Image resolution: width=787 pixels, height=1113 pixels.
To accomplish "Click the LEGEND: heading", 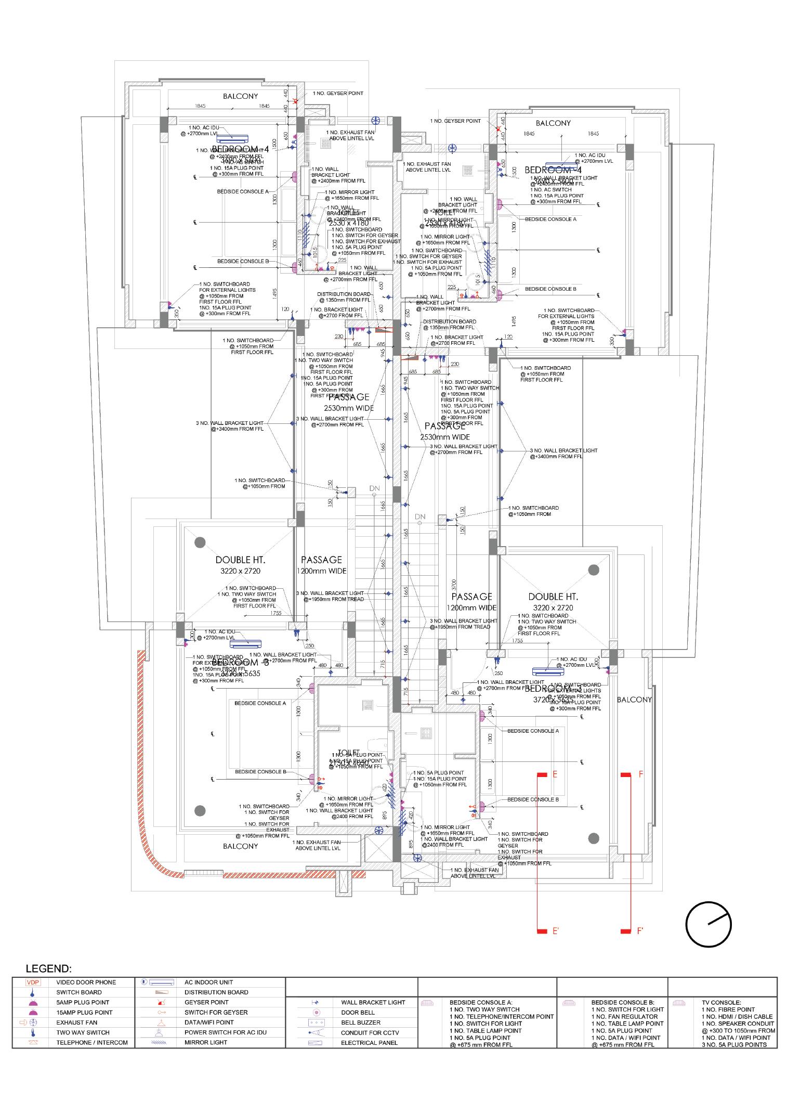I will point(49,969).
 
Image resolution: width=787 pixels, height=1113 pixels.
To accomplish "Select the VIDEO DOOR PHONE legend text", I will point(86,982).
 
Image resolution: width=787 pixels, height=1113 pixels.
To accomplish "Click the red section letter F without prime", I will point(641,774).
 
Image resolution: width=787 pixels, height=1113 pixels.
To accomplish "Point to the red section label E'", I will point(555,931).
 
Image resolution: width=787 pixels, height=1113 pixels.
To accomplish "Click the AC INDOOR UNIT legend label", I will point(208,982).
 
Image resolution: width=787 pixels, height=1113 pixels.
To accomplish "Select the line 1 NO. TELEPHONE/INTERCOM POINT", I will point(502,1016).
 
